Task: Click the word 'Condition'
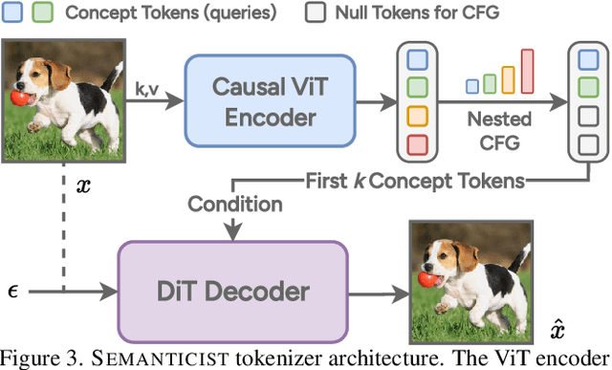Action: pyautogui.click(x=235, y=205)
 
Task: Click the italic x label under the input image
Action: pyautogui.click(x=83, y=185)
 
